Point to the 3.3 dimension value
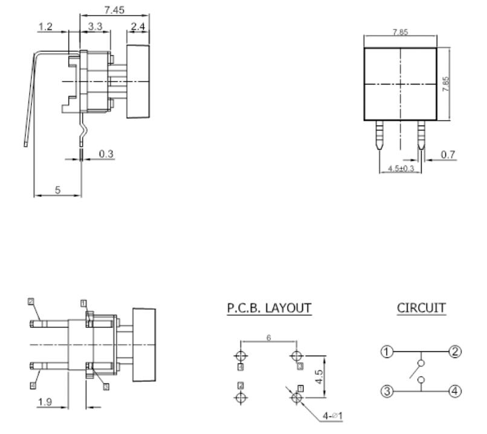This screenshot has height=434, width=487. pos(95,27)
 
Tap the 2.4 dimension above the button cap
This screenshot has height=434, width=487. pos(137,27)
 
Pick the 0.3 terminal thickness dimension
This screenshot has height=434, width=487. pos(106,154)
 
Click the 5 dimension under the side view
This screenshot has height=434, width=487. pos(57,190)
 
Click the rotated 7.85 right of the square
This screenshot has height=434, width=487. pos(445,84)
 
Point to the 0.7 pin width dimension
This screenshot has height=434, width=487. pos(448,155)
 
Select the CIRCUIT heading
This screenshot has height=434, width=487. pos(421,308)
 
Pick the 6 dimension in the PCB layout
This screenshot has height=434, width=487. pos(268,339)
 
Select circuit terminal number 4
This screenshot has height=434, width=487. pos(454,391)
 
